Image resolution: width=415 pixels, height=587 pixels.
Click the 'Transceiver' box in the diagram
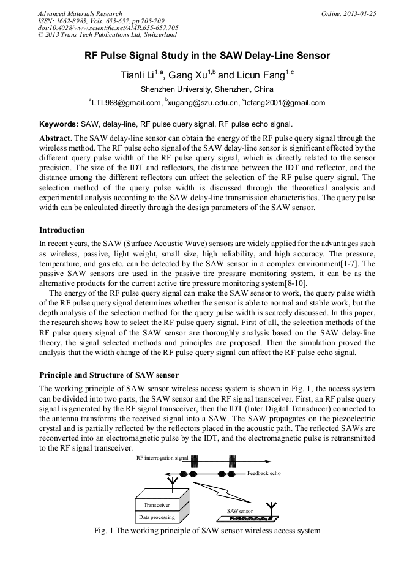[x=157, y=505]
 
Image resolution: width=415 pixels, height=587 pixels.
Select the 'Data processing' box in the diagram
[x=157, y=517]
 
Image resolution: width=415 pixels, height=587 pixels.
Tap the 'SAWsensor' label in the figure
[x=239, y=510]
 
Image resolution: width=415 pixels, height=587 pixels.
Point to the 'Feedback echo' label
[x=264, y=474]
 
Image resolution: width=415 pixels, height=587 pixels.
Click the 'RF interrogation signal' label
[x=162, y=457]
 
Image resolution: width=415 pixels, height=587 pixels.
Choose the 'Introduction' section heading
[x=62, y=230]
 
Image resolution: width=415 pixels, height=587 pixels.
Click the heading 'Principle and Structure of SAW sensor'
[x=109, y=375]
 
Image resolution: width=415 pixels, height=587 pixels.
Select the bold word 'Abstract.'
[x=56, y=138]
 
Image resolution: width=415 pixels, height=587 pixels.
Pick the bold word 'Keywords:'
[x=58, y=123]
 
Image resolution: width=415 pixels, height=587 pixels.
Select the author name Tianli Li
[x=141, y=75]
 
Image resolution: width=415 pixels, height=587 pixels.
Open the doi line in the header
[x=108, y=28]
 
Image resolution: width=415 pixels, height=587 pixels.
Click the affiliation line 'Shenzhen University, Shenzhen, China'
[x=207, y=89]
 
